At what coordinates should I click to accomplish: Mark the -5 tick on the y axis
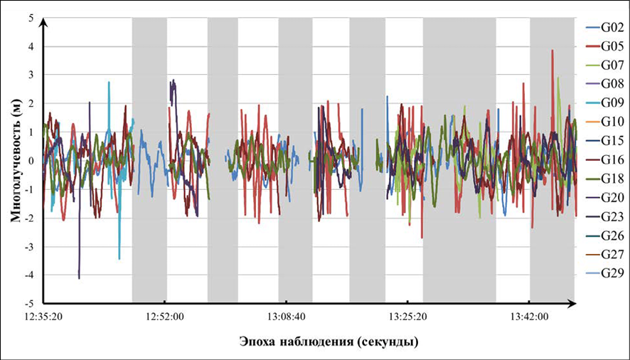(29, 303)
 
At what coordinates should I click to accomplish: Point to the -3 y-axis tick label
(29, 246)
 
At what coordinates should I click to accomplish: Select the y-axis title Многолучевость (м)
(15, 161)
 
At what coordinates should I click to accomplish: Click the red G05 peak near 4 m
(552, 51)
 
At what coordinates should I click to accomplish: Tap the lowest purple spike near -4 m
(79, 277)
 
